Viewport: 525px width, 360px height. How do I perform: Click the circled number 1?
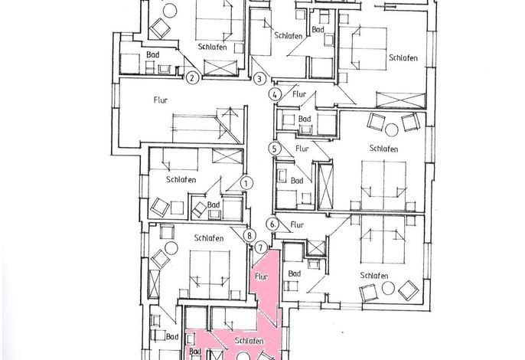pos(246,183)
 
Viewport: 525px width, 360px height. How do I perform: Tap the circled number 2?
pos(192,78)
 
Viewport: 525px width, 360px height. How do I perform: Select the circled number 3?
pos(259,79)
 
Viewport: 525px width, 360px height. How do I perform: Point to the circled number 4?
pos(275,94)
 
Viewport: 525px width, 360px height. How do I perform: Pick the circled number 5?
pos(275,149)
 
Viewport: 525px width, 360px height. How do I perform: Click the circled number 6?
pos(273,224)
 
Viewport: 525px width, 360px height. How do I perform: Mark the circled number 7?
pos(261,248)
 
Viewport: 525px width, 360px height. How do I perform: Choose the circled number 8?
pos(249,235)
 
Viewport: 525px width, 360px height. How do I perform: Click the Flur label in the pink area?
pos(261,277)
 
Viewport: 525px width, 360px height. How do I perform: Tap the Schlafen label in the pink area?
pos(249,341)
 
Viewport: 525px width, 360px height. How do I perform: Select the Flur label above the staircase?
pos(161,100)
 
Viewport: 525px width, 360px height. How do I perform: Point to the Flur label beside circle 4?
pos(299,94)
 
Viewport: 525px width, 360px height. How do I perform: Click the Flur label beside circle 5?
pos(302,148)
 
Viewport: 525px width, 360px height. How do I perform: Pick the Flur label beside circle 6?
pos(297,224)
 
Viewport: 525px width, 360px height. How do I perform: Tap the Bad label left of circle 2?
pos(153,54)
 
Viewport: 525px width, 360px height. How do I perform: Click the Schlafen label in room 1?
pos(181,180)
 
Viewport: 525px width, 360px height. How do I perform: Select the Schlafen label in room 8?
pos(209,238)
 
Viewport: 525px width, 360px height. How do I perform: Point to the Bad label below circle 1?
pos(214,205)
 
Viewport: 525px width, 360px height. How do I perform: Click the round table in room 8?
pos(171,248)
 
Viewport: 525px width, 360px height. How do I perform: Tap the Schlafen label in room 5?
pos(383,148)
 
